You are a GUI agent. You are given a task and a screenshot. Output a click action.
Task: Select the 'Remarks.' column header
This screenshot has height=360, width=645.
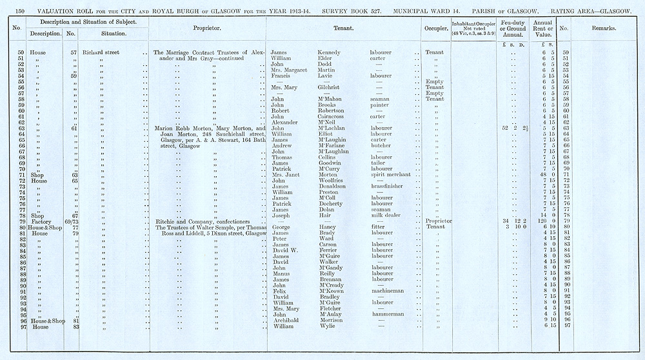click(x=604, y=28)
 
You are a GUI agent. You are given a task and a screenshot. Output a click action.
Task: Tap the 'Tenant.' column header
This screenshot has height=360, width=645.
click(x=347, y=28)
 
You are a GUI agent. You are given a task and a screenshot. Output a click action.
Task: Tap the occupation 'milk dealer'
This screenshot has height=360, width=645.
click(x=385, y=215)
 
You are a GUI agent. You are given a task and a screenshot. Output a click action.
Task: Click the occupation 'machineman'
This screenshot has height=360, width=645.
click(x=387, y=291)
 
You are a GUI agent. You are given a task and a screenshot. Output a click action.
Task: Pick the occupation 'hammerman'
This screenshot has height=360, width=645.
click(x=387, y=314)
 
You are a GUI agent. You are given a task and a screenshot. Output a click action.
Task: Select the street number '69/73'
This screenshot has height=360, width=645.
click(x=72, y=221)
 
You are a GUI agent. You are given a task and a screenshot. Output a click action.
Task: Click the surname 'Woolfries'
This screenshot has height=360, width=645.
click(x=333, y=181)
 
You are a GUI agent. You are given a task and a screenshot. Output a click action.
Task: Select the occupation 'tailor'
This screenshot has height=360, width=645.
click(x=378, y=163)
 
